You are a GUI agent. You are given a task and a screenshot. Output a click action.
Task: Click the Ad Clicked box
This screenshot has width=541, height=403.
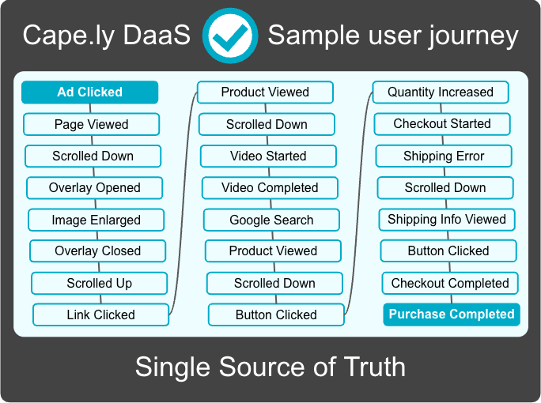[x=89, y=92]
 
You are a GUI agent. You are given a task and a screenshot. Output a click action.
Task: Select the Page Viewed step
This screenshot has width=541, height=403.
[x=92, y=124]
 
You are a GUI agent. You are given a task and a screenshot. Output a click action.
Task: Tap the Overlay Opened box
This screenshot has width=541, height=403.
[x=95, y=188]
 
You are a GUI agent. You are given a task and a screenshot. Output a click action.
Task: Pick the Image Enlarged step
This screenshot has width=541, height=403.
[x=96, y=220]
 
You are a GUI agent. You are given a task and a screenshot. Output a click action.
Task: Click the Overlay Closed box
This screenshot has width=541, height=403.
[x=97, y=251]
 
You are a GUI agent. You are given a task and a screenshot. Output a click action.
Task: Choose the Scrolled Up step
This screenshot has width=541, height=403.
[x=100, y=283]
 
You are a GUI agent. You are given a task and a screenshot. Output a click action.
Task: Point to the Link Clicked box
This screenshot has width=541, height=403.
[x=100, y=314]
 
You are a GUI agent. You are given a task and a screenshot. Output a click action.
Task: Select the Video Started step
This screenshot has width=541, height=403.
[x=268, y=156]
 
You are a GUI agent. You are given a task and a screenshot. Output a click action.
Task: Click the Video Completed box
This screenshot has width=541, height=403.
[x=270, y=188]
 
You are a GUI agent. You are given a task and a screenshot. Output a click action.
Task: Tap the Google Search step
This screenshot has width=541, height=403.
[x=271, y=220]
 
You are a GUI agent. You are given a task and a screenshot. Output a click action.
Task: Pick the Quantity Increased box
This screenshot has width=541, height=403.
[x=441, y=92]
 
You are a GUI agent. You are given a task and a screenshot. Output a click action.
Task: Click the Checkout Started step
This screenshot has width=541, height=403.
[x=442, y=124]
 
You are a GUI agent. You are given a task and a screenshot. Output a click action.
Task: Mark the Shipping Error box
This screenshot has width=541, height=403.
[x=444, y=156]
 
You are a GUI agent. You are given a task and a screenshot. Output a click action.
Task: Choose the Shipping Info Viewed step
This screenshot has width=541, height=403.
[x=447, y=220]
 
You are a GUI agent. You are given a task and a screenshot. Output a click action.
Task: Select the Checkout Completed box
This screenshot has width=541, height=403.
[x=450, y=283]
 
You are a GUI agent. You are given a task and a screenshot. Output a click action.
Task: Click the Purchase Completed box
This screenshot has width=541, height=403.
[x=452, y=314]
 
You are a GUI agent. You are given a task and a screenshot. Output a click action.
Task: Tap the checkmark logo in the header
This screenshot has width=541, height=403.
[x=230, y=36]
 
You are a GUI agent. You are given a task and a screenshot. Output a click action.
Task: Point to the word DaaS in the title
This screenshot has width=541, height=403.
[x=157, y=35]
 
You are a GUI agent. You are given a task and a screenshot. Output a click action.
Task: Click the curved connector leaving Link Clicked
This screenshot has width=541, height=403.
[x=183, y=203]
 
